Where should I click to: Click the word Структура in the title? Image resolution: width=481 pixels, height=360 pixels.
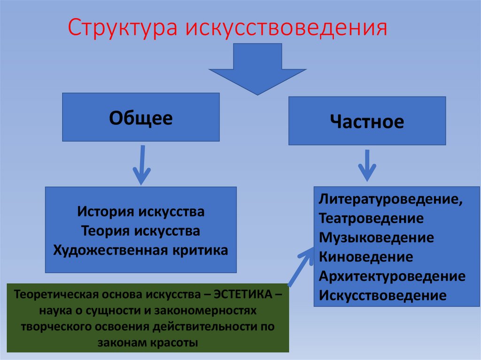coord(123,29)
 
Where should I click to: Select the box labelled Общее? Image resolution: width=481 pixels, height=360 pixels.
coord(141,117)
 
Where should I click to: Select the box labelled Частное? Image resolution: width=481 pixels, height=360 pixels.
coord(367,122)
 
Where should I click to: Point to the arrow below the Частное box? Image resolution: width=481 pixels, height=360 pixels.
coord(367,166)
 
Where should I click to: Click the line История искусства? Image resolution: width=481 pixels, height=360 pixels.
coord(141,212)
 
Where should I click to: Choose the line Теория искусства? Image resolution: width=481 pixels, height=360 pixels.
coord(141,231)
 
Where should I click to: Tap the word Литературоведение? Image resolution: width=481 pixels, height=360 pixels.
coord(389,199)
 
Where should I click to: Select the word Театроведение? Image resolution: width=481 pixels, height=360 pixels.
coord(371,218)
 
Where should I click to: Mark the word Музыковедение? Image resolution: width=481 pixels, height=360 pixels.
coord(376,237)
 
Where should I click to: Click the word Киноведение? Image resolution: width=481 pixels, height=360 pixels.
coord(366,257)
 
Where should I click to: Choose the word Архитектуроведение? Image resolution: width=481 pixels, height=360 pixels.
coord(392,276)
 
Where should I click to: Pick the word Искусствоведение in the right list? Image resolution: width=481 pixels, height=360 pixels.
coord(382,296)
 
